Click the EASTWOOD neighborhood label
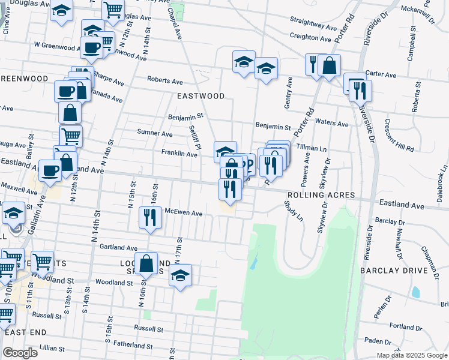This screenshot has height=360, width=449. [x=200, y=96]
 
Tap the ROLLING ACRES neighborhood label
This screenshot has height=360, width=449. [x=321, y=196]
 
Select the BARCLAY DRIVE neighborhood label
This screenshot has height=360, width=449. [x=393, y=271]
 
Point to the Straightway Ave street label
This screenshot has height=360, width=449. [x=313, y=26]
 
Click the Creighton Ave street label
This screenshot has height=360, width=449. [x=310, y=37]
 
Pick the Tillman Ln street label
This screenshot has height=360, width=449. [x=310, y=148]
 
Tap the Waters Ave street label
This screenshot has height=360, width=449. [x=332, y=124]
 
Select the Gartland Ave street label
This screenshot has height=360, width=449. [x=119, y=247]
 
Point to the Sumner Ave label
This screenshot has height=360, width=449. [x=154, y=133]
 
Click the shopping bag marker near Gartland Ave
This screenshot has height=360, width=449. [x=146, y=263]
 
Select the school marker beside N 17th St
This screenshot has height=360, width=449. [x=180, y=275]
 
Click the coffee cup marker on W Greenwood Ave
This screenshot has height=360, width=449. [x=91, y=48]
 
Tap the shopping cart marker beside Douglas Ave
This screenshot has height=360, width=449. [x=113, y=9]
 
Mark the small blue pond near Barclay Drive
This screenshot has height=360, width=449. [x=415, y=292]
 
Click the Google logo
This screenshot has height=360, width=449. [x=20, y=353]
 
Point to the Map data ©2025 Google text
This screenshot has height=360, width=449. [x=411, y=355]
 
